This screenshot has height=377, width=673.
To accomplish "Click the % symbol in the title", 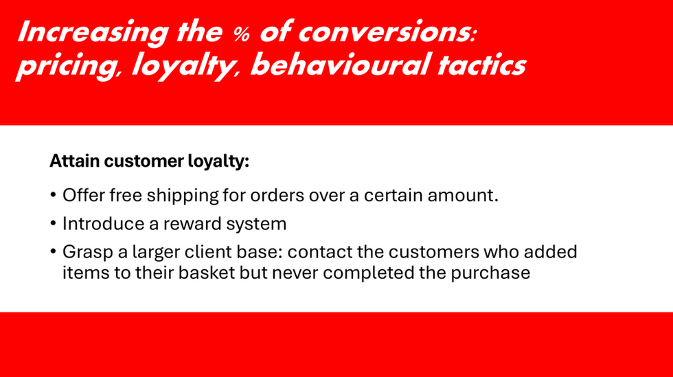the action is tap(241, 34).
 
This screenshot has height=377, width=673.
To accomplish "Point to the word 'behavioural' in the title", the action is tap(340, 65).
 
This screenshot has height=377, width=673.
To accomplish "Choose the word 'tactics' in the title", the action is tap(481, 65).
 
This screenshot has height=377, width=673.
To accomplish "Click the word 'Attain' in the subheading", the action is tap(75, 161).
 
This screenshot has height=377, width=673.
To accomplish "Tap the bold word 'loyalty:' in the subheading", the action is tap(218, 162).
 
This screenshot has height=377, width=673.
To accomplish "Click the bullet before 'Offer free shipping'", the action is tap(54, 196).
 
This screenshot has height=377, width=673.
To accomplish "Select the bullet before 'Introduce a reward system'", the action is tap(54, 224).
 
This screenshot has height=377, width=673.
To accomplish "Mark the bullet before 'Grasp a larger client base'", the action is tap(54, 251).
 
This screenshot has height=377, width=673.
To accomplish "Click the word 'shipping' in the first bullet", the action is tap(183, 196).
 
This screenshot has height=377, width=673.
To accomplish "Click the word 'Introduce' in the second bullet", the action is tap(103, 224).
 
